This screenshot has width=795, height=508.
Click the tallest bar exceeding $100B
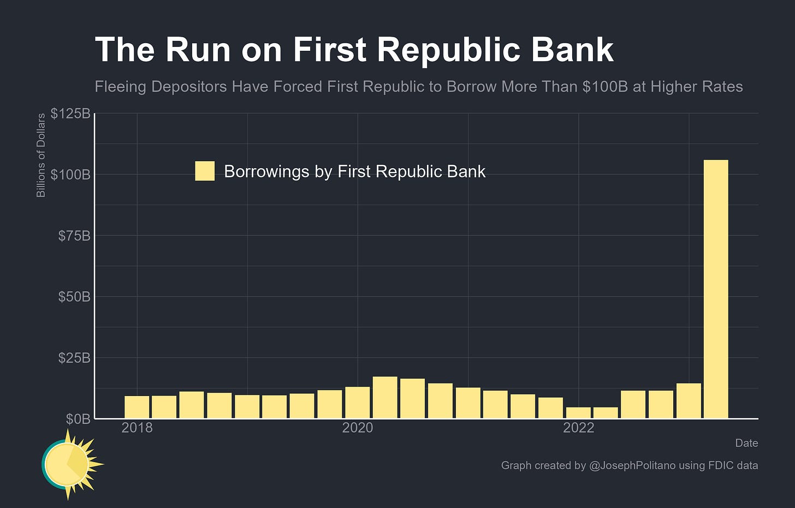(716, 289)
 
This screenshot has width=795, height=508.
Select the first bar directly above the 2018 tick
(137, 407)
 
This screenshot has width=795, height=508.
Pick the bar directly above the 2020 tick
(357, 403)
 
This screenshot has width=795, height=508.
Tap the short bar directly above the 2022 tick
(578, 412)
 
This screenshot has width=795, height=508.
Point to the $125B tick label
(70, 114)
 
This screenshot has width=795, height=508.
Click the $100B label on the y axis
(70, 175)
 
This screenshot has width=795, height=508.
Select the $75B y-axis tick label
(74, 236)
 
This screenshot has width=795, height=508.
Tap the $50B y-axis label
(74, 297)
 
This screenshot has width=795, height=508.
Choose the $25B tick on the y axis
(74, 358)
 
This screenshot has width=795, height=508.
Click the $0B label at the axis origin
(78, 419)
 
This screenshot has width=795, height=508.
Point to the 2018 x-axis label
(137, 428)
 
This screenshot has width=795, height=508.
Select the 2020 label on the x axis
(358, 428)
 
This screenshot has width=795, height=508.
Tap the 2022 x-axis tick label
(578, 428)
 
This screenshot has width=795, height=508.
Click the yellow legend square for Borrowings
(205, 171)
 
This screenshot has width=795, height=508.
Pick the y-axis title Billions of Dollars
(41, 155)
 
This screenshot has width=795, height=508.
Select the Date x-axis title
(746, 443)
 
